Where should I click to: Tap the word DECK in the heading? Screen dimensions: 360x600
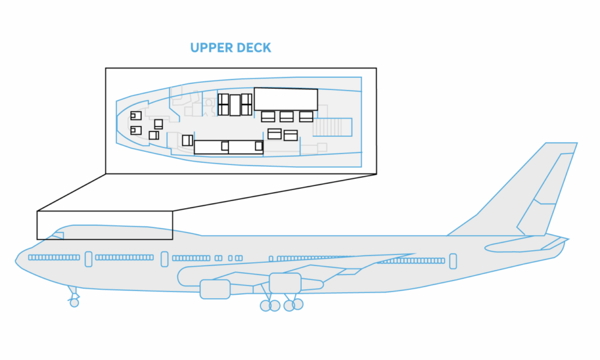(254, 47)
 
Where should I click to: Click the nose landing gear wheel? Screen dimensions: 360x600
(74, 302)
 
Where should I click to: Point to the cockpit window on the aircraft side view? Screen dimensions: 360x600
(58, 235)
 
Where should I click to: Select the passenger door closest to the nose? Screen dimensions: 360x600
(88, 259)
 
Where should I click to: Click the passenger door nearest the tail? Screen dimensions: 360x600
(453, 261)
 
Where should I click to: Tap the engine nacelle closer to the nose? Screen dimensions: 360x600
(215, 289)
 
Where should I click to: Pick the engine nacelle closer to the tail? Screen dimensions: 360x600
(284, 283)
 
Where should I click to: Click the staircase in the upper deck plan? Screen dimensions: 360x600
(332, 127)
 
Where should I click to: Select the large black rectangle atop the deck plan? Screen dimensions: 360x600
(286, 99)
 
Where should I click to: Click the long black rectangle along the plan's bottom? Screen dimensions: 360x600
(229, 146)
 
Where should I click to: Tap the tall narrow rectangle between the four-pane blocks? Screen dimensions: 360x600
(235, 104)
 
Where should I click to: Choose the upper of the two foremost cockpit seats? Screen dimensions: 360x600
(136, 115)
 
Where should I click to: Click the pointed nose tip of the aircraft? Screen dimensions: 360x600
(16, 260)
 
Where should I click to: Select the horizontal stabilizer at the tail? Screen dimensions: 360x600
(522, 244)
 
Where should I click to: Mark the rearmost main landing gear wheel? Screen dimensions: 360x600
(298, 304)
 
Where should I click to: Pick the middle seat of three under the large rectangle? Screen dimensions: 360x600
(287, 116)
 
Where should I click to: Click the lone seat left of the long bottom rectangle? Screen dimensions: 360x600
(187, 140)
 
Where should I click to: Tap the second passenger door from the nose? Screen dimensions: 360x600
(164, 259)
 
